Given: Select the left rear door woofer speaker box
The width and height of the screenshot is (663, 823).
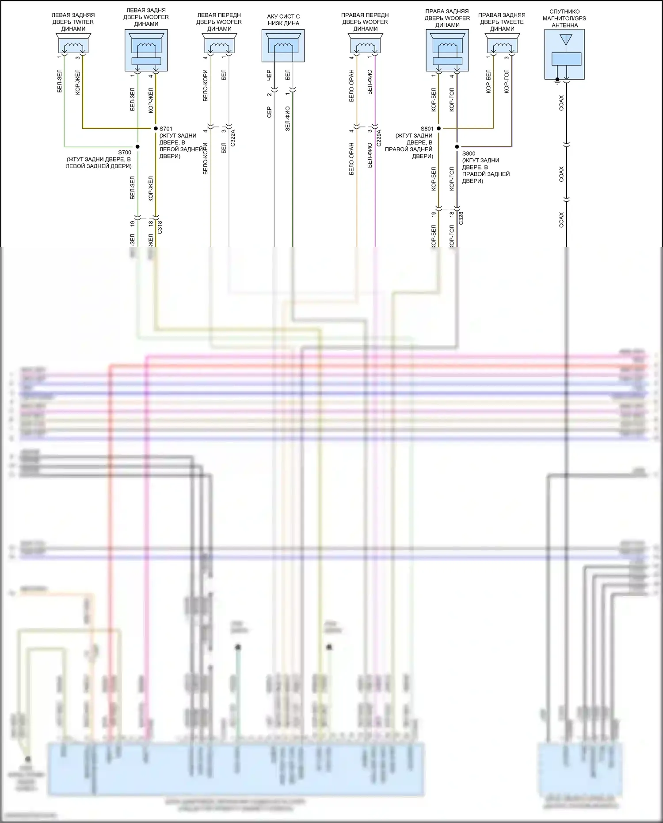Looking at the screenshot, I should [x=146, y=50].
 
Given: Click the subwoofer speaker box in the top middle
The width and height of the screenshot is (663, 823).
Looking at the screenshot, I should [x=283, y=46].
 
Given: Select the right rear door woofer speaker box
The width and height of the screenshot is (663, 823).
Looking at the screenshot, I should [x=447, y=50].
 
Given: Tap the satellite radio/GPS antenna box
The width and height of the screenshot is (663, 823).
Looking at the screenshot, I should [x=564, y=54].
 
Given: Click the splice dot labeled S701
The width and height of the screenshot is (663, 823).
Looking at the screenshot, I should [x=155, y=128].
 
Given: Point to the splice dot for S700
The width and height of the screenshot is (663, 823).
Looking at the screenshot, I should [x=137, y=146].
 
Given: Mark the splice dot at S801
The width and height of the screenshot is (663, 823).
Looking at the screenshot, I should [x=439, y=128].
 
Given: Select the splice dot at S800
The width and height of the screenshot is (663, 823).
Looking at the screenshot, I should [x=457, y=146].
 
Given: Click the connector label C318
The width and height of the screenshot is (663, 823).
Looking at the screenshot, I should [x=160, y=227].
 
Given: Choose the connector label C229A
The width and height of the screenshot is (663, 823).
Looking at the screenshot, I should [x=379, y=138].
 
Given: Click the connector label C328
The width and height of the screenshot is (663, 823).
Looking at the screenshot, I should [x=461, y=218].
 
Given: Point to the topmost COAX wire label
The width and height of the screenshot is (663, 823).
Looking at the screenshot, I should [x=561, y=103].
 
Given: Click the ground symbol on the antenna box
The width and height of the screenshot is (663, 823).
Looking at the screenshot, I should [x=557, y=80].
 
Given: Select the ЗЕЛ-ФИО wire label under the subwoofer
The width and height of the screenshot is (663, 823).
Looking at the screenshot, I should [x=288, y=119].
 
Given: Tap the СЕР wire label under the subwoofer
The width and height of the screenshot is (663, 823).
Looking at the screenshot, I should [x=269, y=112].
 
